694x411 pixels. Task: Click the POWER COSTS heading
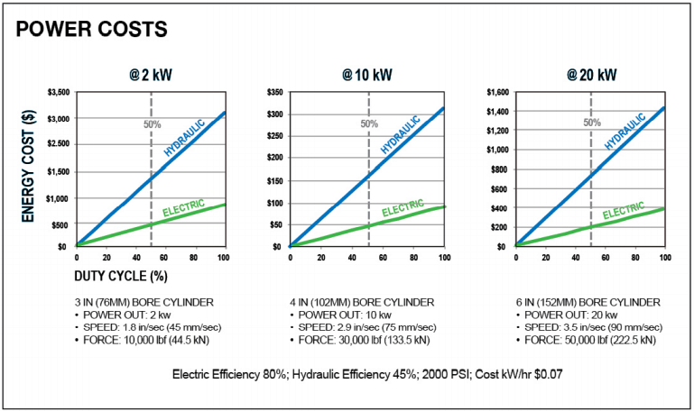click(x=92, y=29)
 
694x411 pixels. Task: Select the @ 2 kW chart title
click(x=151, y=75)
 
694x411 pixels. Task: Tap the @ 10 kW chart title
click(x=367, y=75)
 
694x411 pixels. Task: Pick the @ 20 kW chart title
click(x=591, y=75)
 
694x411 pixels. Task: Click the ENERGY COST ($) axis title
click(x=28, y=166)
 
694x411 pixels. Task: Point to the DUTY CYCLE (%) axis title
click(x=121, y=276)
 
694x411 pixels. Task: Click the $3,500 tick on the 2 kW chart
click(x=59, y=92)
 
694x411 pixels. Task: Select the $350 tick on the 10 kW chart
click(x=275, y=92)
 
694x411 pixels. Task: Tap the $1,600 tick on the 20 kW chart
click(x=498, y=92)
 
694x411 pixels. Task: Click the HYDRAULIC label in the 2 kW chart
click(x=185, y=138)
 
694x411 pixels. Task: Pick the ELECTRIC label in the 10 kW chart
click(x=403, y=207)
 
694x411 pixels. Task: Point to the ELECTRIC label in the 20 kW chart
click(x=624, y=210)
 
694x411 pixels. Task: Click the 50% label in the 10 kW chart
click(x=369, y=123)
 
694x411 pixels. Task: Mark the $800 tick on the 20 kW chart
click(x=500, y=169)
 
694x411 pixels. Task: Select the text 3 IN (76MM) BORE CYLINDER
click(x=143, y=302)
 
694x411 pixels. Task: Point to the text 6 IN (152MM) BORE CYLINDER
click(x=588, y=302)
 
